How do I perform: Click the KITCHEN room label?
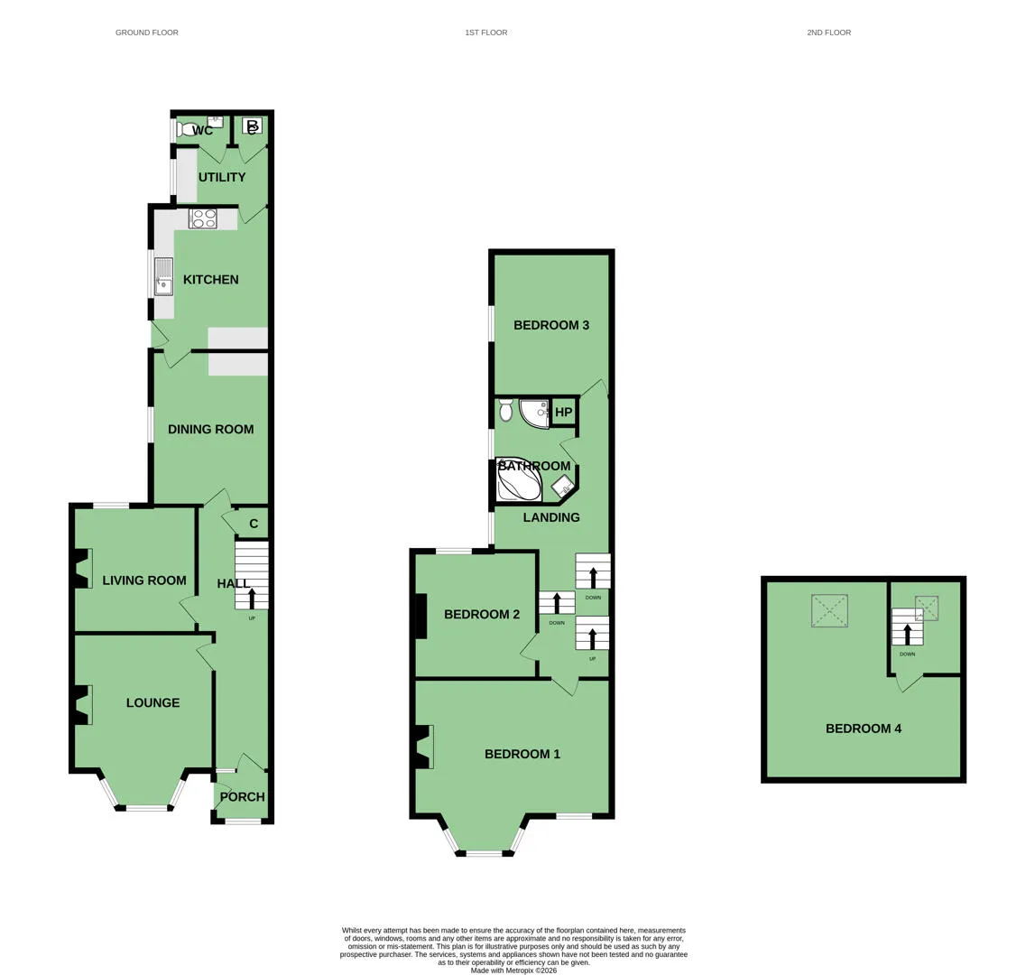coord(210,280)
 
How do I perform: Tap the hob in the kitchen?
coord(203,218)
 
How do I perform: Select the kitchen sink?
coord(163,277)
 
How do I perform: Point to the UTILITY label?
coord(222,177)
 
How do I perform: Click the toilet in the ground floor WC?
coord(187,129)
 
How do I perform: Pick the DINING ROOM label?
coord(210,430)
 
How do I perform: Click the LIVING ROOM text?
coord(143,580)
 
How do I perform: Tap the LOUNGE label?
coord(152,703)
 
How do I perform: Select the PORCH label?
coord(242,796)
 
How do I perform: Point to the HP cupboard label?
coord(564,413)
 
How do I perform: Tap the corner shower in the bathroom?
coord(535,413)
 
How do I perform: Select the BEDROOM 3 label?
coord(551,325)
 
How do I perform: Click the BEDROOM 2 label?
coord(482,614)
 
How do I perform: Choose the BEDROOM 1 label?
coord(522,754)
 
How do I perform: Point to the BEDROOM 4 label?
coord(864,729)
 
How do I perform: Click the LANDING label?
coord(551,517)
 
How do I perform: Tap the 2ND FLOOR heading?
coord(829,32)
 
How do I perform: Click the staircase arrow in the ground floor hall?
coord(252,599)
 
